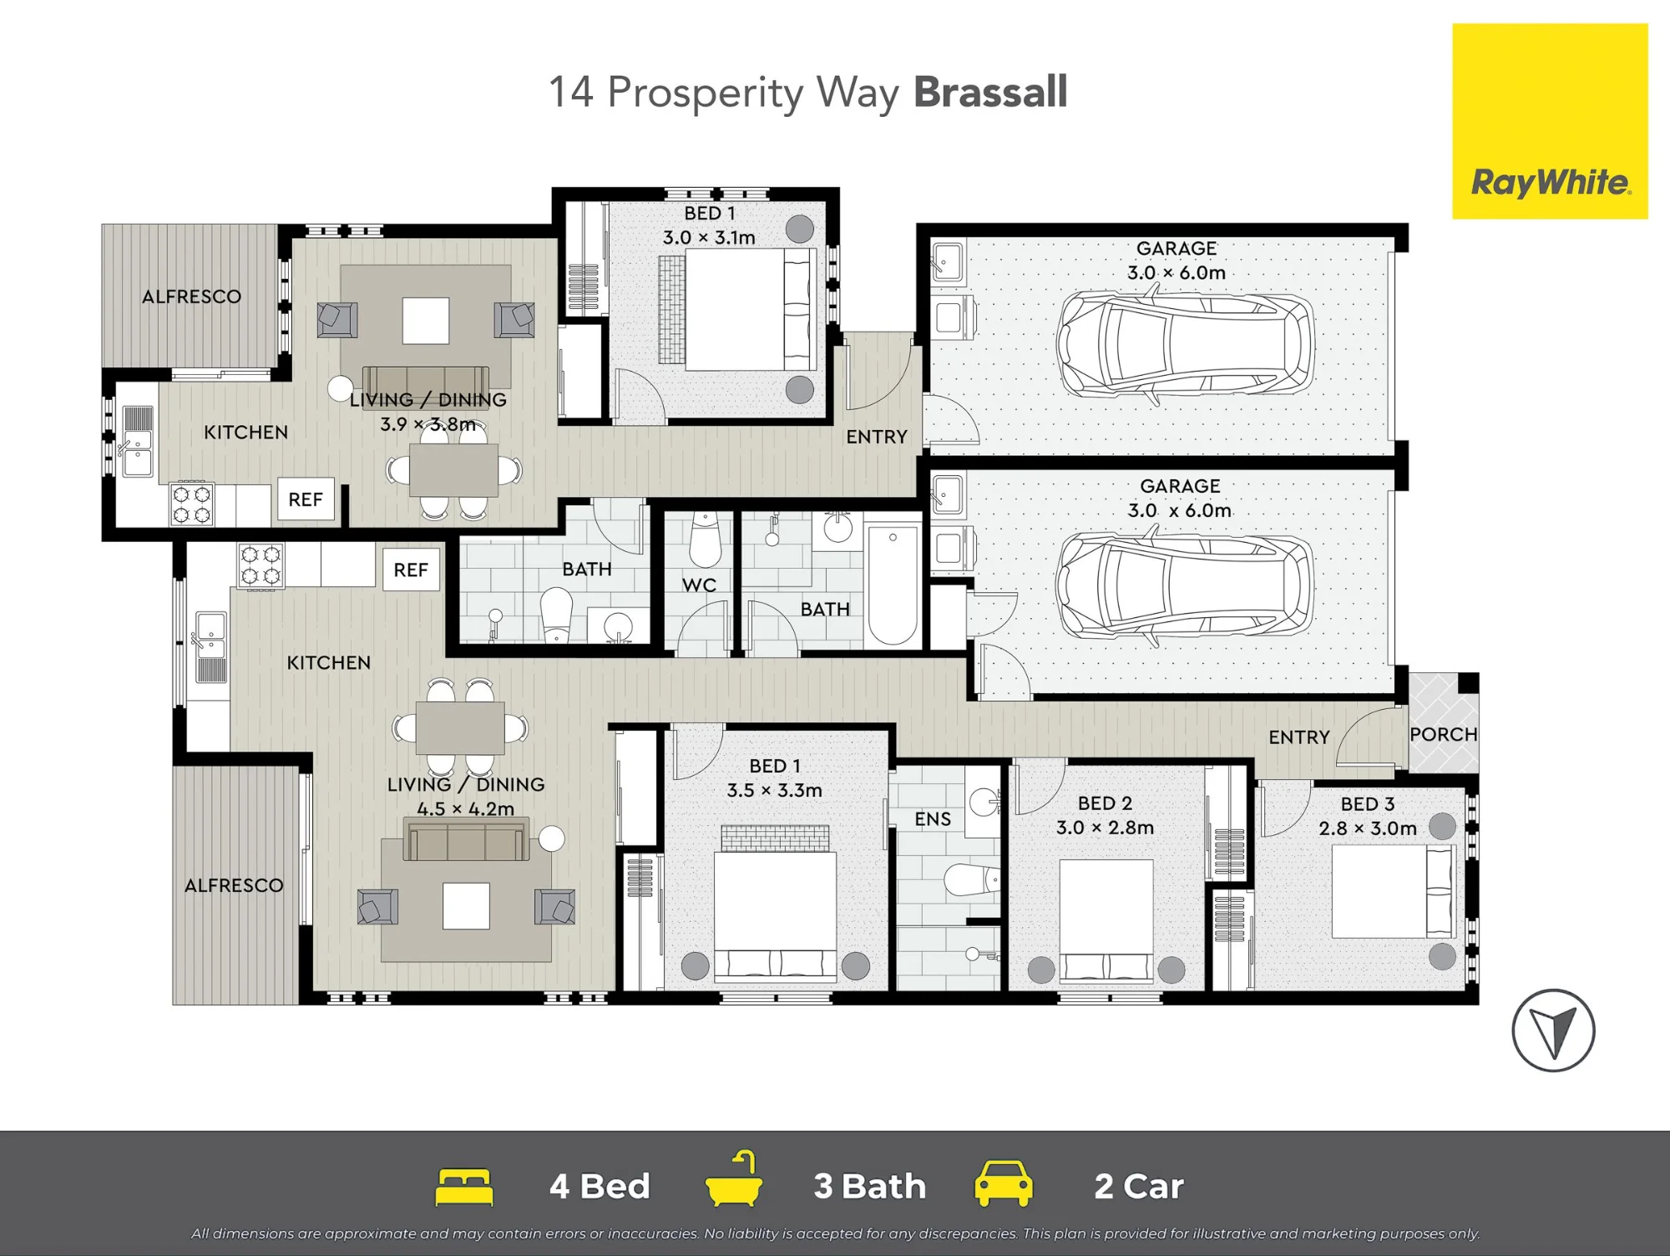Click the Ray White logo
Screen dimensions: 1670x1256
pyautogui.click(x=1550, y=121)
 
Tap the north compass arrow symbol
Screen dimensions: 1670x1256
pyautogui.click(x=1553, y=1031)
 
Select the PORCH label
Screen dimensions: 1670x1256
pyautogui.click(x=1444, y=734)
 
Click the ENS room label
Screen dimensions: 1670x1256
pyautogui.click(x=933, y=819)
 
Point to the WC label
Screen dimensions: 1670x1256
pyautogui.click(x=699, y=585)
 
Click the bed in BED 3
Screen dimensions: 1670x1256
pyautogui.click(x=1394, y=891)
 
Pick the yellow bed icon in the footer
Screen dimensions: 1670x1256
pyautogui.click(x=464, y=1187)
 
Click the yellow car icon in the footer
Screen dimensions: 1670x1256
pyautogui.click(x=1004, y=1183)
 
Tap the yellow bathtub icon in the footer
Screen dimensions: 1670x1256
pyautogui.click(x=734, y=1179)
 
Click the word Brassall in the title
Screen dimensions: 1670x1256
pyautogui.click(x=991, y=91)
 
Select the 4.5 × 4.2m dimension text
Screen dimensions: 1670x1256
pyautogui.click(x=466, y=808)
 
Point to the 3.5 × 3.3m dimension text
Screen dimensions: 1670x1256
pyautogui.click(x=775, y=790)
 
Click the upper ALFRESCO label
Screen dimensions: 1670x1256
pyautogui.click(x=191, y=296)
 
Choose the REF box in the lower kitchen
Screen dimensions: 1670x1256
pyautogui.click(x=411, y=570)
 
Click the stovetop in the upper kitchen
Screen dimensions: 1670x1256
pyautogui.click(x=192, y=504)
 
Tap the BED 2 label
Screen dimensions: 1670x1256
pyautogui.click(x=1105, y=803)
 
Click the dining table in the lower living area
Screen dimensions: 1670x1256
pyautogui.click(x=460, y=727)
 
